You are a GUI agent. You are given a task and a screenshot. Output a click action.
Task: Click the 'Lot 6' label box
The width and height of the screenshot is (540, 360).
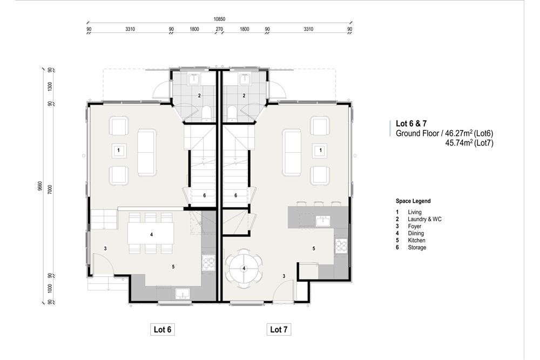point(162,329)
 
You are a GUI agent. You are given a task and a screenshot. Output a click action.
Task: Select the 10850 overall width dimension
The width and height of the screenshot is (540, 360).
point(219,19)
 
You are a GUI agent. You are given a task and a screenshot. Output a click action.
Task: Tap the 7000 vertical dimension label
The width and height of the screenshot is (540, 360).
point(50,189)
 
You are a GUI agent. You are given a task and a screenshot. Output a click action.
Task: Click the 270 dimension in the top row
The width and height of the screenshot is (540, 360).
point(219,30)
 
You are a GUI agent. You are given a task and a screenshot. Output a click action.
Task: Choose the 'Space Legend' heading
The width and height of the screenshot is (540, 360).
point(413,201)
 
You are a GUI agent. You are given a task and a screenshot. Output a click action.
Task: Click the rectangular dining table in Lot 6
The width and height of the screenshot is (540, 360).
point(151,235)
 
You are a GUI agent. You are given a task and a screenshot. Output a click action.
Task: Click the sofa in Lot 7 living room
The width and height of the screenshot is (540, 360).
point(292,152)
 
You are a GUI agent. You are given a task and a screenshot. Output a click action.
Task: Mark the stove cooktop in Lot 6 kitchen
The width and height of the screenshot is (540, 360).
point(208,263)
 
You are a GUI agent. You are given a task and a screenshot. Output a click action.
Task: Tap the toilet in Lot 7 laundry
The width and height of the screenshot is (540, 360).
point(232,113)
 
